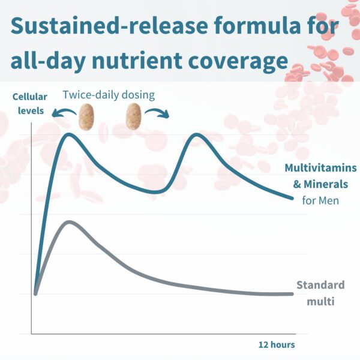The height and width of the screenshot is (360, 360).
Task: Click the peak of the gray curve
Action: click(x=70, y=222)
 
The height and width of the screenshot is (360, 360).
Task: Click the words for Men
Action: click(x=320, y=200)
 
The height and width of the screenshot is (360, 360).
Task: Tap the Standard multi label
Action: click(x=320, y=292)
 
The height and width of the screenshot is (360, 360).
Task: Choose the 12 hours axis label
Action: click(x=277, y=344)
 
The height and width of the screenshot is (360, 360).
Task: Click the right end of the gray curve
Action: click(x=292, y=294)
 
